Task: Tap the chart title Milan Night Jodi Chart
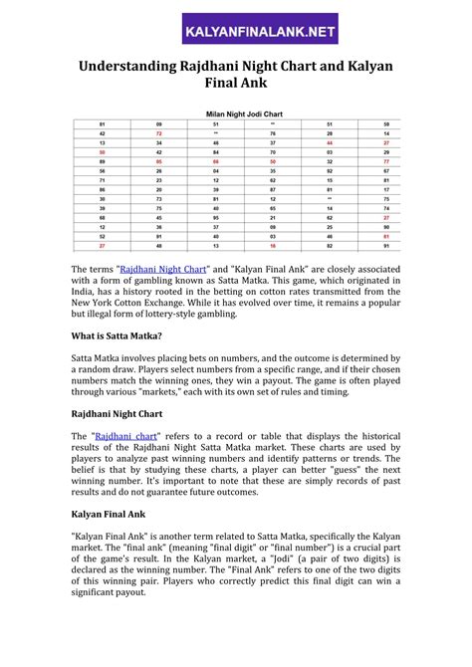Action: (236, 113)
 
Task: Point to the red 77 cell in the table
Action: (385, 160)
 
